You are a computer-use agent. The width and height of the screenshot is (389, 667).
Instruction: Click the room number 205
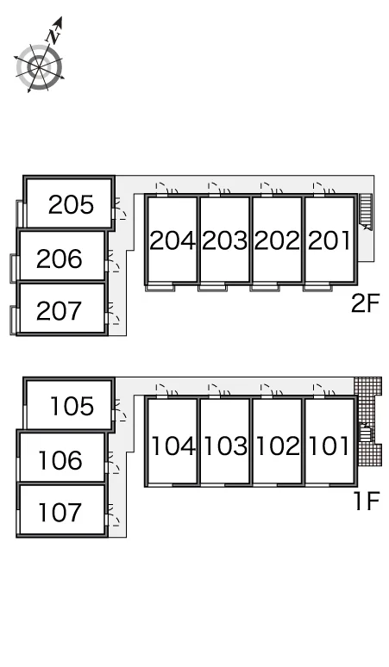click(71, 204)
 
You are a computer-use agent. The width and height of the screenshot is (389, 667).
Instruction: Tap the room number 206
click(60, 259)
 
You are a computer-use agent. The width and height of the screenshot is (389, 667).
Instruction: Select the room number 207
click(60, 311)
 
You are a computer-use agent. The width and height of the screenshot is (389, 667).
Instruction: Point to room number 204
click(173, 240)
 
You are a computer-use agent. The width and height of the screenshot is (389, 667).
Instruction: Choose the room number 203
click(225, 240)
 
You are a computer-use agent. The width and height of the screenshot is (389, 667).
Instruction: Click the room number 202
click(277, 240)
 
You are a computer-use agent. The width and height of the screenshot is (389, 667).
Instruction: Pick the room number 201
click(329, 240)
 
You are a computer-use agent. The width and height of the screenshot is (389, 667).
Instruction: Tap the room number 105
click(72, 406)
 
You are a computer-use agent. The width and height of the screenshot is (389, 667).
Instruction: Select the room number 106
click(60, 461)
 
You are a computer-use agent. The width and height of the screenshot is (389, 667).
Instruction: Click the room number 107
click(60, 512)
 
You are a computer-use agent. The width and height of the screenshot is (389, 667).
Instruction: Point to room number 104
click(173, 446)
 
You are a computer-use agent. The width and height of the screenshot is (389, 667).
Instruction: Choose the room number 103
click(226, 446)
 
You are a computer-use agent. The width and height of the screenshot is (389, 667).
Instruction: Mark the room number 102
click(279, 446)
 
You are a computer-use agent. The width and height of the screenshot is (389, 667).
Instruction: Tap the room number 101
click(329, 446)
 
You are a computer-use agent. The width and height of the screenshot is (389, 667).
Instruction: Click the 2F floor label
click(365, 303)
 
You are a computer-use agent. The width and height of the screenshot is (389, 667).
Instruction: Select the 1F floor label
click(367, 500)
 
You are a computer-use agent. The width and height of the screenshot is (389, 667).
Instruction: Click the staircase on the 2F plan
click(366, 211)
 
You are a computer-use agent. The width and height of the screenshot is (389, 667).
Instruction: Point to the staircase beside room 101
click(366, 433)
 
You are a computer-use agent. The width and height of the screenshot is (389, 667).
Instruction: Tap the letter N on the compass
click(54, 36)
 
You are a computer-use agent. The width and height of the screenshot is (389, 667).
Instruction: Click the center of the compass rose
click(39, 67)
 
